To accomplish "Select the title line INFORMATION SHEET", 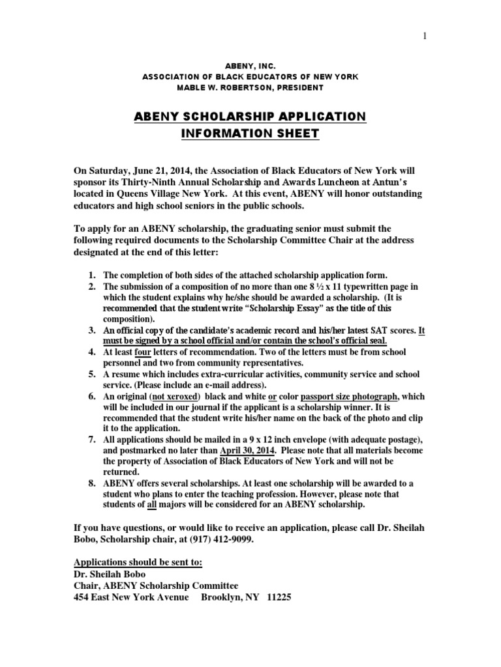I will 250,134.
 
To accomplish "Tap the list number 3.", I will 93,331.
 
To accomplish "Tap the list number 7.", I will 93,440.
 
